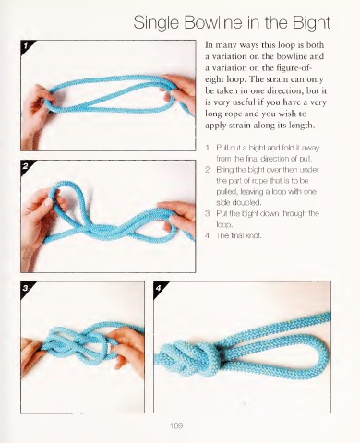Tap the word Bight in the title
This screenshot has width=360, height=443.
coord(311,23)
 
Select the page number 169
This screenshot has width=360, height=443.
coord(176,425)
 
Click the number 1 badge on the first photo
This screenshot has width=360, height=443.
coord(26,45)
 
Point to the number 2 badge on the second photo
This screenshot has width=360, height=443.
coord(26,166)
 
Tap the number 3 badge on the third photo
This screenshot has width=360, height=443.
coord(26,288)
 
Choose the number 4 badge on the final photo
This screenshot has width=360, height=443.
coord(159,288)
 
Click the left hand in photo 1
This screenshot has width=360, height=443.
coord(34,114)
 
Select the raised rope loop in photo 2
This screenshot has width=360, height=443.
coord(66,200)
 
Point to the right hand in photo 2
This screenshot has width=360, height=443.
coord(178,219)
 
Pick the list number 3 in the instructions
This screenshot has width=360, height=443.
coord(208,213)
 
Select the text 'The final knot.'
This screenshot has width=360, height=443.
coord(239,235)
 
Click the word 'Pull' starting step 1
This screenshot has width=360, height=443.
coord(222,148)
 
